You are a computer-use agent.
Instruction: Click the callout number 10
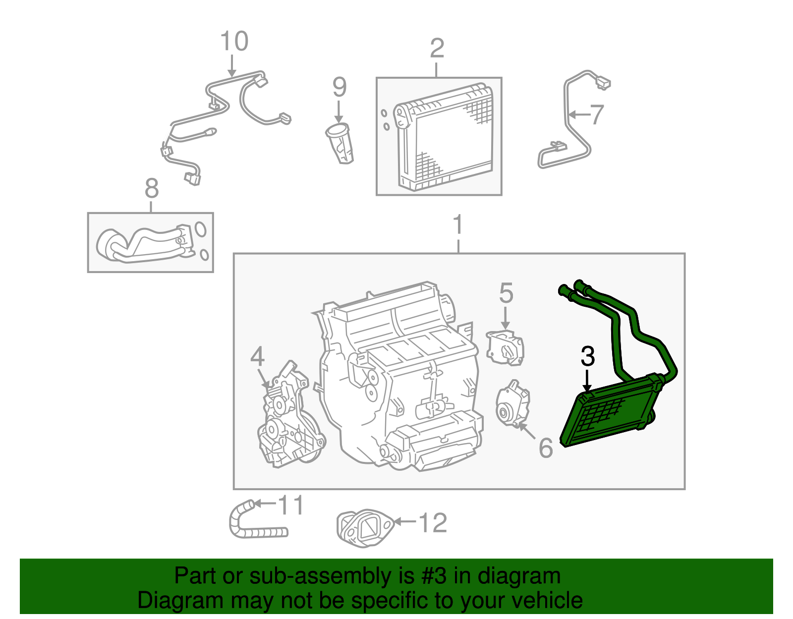[234, 42]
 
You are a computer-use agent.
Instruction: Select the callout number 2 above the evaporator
[437, 49]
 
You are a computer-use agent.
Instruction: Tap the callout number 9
[339, 87]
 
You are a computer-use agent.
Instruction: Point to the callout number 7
[597, 114]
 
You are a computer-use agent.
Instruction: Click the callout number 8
[151, 189]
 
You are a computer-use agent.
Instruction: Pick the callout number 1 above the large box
[458, 225]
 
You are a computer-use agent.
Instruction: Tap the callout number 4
[257, 357]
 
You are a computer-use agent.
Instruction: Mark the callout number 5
[506, 293]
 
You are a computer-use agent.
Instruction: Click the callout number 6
[545, 448]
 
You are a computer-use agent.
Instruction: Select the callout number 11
[290, 506]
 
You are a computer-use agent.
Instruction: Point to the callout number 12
[433, 523]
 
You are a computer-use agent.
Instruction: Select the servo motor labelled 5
[505, 348]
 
